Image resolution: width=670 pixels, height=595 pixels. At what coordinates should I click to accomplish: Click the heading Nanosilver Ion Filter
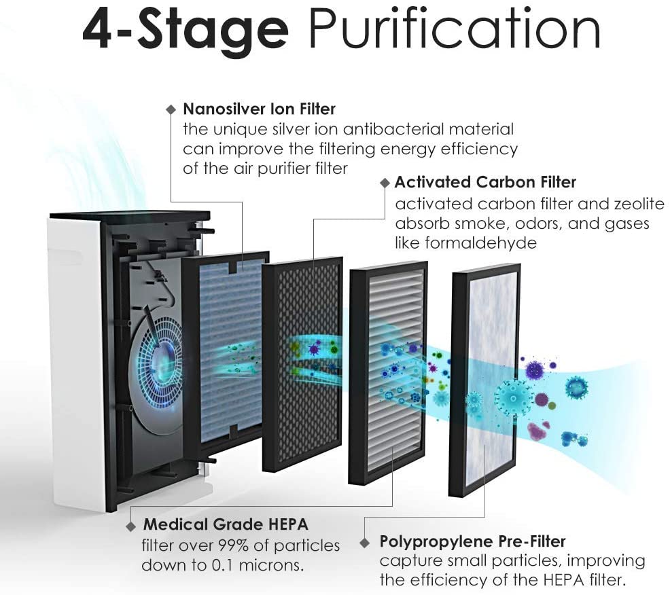pyautogui.click(x=259, y=109)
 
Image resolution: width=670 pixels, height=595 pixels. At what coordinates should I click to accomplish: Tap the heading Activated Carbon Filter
pyautogui.click(x=485, y=182)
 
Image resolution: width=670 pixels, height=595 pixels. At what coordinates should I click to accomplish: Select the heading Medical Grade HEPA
pyautogui.click(x=226, y=524)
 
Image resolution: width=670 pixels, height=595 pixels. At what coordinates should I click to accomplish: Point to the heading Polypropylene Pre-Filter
pyautogui.click(x=472, y=541)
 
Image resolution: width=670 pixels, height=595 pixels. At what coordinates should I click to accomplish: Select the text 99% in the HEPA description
pyautogui.click(x=234, y=545)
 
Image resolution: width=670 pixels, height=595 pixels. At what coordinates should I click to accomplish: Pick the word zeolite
pyautogui.click(x=639, y=204)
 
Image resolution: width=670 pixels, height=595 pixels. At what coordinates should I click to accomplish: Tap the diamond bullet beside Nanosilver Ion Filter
pyautogui.click(x=171, y=110)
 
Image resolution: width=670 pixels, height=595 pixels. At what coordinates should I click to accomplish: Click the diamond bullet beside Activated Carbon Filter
pyautogui.click(x=385, y=183)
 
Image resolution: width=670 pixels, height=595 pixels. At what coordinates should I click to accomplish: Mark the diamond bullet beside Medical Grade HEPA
pyautogui.click(x=131, y=526)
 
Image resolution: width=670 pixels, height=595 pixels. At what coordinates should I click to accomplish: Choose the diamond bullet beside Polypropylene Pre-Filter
pyautogui.click(x=364, y=543)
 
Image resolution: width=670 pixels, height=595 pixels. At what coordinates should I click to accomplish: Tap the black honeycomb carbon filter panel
pyautogui.click(x=302, y=364)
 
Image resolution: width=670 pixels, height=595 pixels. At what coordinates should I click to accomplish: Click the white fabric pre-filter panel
pyautogui.click(x=486, y=380)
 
